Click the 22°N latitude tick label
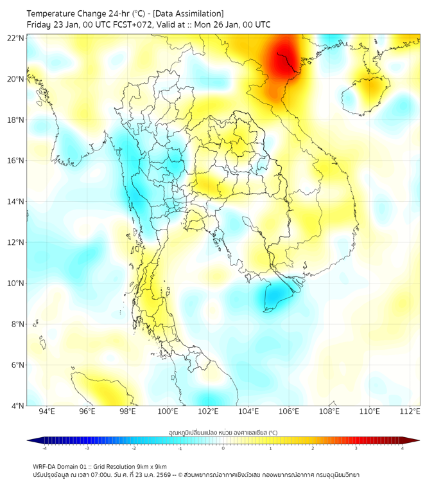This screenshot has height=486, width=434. point(16,38)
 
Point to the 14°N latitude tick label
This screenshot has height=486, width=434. point(16,201)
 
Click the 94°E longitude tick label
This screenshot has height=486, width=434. point(47,411)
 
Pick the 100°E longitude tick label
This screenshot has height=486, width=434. point(168,411)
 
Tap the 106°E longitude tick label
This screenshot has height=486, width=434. point(289,411)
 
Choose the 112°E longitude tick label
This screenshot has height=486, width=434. point(410,411)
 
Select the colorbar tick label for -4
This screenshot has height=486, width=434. point(44,448)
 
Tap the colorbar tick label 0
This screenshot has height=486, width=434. point(223,448)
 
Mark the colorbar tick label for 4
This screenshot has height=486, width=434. point(403,448)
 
